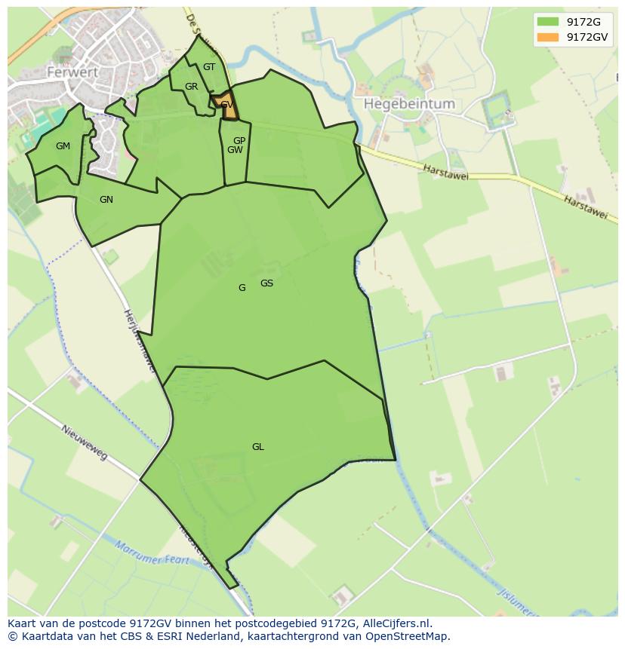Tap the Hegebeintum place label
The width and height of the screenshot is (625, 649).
(x=409, y=104)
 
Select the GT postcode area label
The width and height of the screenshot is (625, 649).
(x=209, y=67)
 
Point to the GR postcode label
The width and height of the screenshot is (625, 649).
(x=191, y=87)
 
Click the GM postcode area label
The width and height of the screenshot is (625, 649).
(x=63, y=146)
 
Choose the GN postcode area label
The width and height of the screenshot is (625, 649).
(x=106, y=200)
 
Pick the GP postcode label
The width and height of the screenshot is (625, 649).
(x=239, y=141)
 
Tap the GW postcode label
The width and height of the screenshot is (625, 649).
(x=235, y=150)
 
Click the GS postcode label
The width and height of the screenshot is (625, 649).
(x=266, y=283)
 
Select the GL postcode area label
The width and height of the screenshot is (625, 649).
(x=258, y=447)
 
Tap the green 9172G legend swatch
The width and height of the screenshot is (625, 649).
(x=548, y=21)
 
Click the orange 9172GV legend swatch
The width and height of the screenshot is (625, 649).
(x=548, y=37)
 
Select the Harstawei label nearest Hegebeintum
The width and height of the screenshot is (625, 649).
(x=445, y=173)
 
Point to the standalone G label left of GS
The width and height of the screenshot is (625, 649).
(x=242, y=288)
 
